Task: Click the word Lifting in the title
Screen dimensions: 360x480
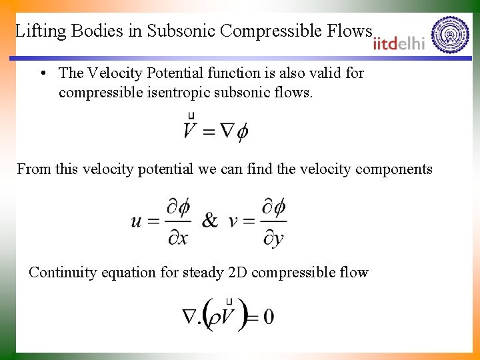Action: pos(39,31)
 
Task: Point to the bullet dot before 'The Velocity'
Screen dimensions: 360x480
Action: pos(43,73)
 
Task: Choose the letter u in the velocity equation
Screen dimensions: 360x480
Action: pos(137,221)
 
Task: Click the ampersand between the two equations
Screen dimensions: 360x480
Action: pos(209,221)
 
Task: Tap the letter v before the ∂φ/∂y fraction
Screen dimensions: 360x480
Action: pos(233,221)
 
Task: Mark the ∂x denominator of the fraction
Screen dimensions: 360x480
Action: pos(177,237)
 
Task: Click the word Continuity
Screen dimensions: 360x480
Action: pos(62,272)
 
